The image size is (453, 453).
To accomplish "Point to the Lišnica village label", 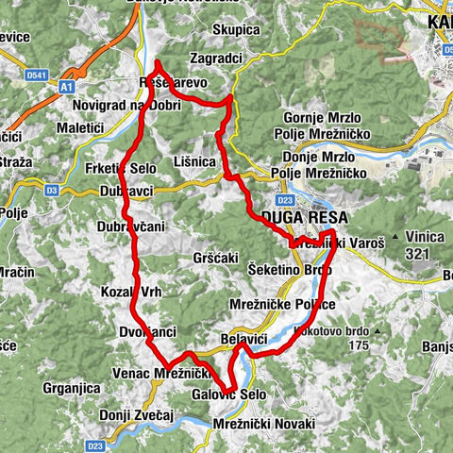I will coord(196,162).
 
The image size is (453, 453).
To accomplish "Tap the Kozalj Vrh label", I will coord(132,292).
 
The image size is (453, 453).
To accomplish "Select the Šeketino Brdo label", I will coord(291,270).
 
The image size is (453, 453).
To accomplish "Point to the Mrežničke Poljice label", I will coord(282,305).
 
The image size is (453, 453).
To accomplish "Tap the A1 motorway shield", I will coord(66,86).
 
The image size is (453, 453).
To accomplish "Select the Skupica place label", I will coord(235,30).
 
